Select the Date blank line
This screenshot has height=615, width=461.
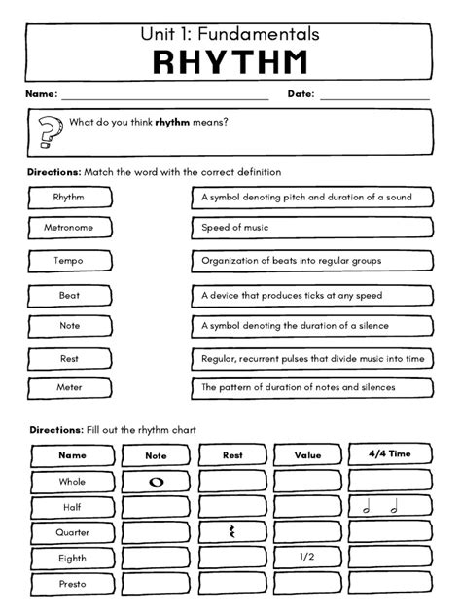coord(373,96)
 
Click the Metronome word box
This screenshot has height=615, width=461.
coord(69,228)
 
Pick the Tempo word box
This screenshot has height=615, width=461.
coord(69,261)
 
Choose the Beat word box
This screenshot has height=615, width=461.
coord(69,295)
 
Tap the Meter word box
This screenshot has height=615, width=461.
coord(69,387)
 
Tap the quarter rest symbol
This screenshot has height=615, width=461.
coord(232,531)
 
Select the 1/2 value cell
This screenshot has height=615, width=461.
coord(307,558)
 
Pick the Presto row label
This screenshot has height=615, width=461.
coord(72,585)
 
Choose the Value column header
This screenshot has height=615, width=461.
coord(307,454)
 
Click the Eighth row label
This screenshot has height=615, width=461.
coord(72,559)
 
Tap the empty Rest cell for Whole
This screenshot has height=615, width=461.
coord(232,481)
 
